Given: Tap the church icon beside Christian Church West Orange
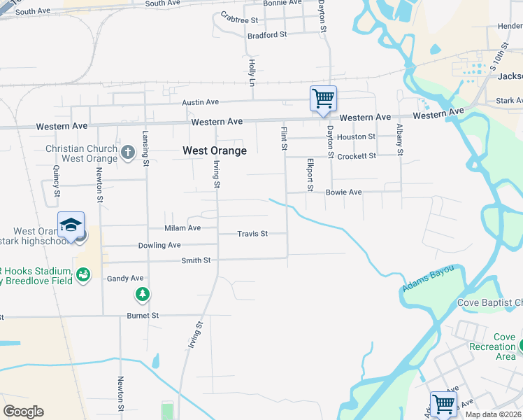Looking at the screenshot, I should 127,152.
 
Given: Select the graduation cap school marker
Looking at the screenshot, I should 71,225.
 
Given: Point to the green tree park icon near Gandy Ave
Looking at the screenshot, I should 143,294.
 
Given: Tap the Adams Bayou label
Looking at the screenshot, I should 427,278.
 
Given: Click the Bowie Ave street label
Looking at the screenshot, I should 343,192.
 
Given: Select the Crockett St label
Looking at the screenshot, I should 357,156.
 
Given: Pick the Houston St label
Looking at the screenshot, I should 356,137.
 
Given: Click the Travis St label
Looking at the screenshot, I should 252,234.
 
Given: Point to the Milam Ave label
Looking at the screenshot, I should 182,228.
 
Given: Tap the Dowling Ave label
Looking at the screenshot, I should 159,246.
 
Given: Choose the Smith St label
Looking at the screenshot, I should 196,260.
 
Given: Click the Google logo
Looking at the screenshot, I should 23,412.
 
